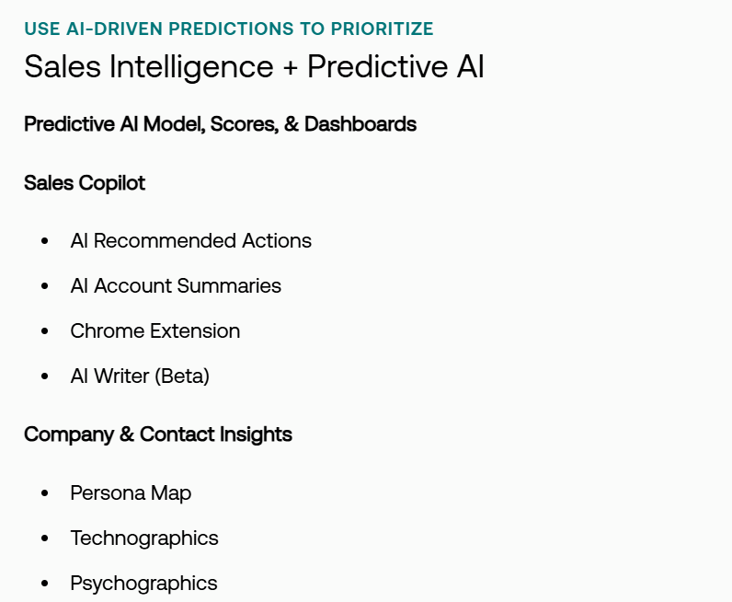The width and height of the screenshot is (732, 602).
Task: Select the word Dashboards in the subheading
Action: click(360, 124)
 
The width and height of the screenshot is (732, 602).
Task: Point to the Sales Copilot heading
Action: click(85, 183)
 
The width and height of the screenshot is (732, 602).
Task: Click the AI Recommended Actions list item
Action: click(191, 241)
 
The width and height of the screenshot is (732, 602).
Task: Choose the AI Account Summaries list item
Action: click(176, 286)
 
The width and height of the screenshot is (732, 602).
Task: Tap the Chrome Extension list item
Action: click(155, 331)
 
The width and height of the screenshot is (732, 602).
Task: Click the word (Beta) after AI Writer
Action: click(184, 376)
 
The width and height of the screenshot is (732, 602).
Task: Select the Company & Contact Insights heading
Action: click(158, 434)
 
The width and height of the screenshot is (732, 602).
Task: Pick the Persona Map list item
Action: click(131, 493)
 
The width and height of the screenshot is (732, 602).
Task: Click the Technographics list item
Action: click(144, 538)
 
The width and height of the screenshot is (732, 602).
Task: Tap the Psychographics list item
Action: click(143, 584)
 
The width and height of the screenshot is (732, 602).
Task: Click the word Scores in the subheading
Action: click(244, 124)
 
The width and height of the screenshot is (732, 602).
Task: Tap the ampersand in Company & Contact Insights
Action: click(127, 434)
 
